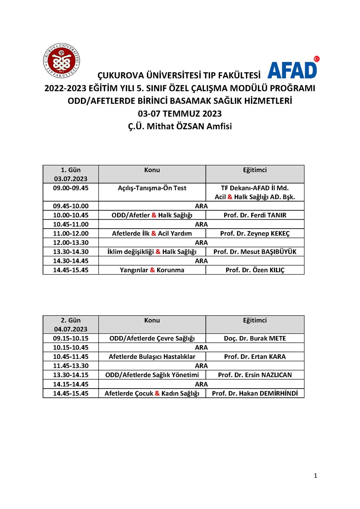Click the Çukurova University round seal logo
[x=61, y=61]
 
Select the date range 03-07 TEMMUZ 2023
[x=180, y=114]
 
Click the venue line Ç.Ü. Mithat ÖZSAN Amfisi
[x=180, y=126]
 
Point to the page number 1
[x=315, y=476]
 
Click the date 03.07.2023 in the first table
[x=70, y=179]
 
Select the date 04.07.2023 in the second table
[x=70, y=329]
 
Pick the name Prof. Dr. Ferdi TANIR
[x=255, y=215]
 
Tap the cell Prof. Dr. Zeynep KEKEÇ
[x=255, y=233]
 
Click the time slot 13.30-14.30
[x=70, y=252]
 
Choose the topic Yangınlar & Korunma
[x=152, y=270]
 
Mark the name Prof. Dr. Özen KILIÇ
[x=255, y=270]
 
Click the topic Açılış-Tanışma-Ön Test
[x=152, y=188]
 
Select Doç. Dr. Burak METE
[x=255, y=339]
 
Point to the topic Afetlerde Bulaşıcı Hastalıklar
[x=152, y=357]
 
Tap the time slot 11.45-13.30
[x=70, y=366]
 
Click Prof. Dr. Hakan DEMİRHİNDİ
[x=255, y=393]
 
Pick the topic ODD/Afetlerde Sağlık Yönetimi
[x=152, y=375]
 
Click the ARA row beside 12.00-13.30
[x=201, y=243]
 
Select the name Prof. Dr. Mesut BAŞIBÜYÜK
[x=255, y=252]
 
